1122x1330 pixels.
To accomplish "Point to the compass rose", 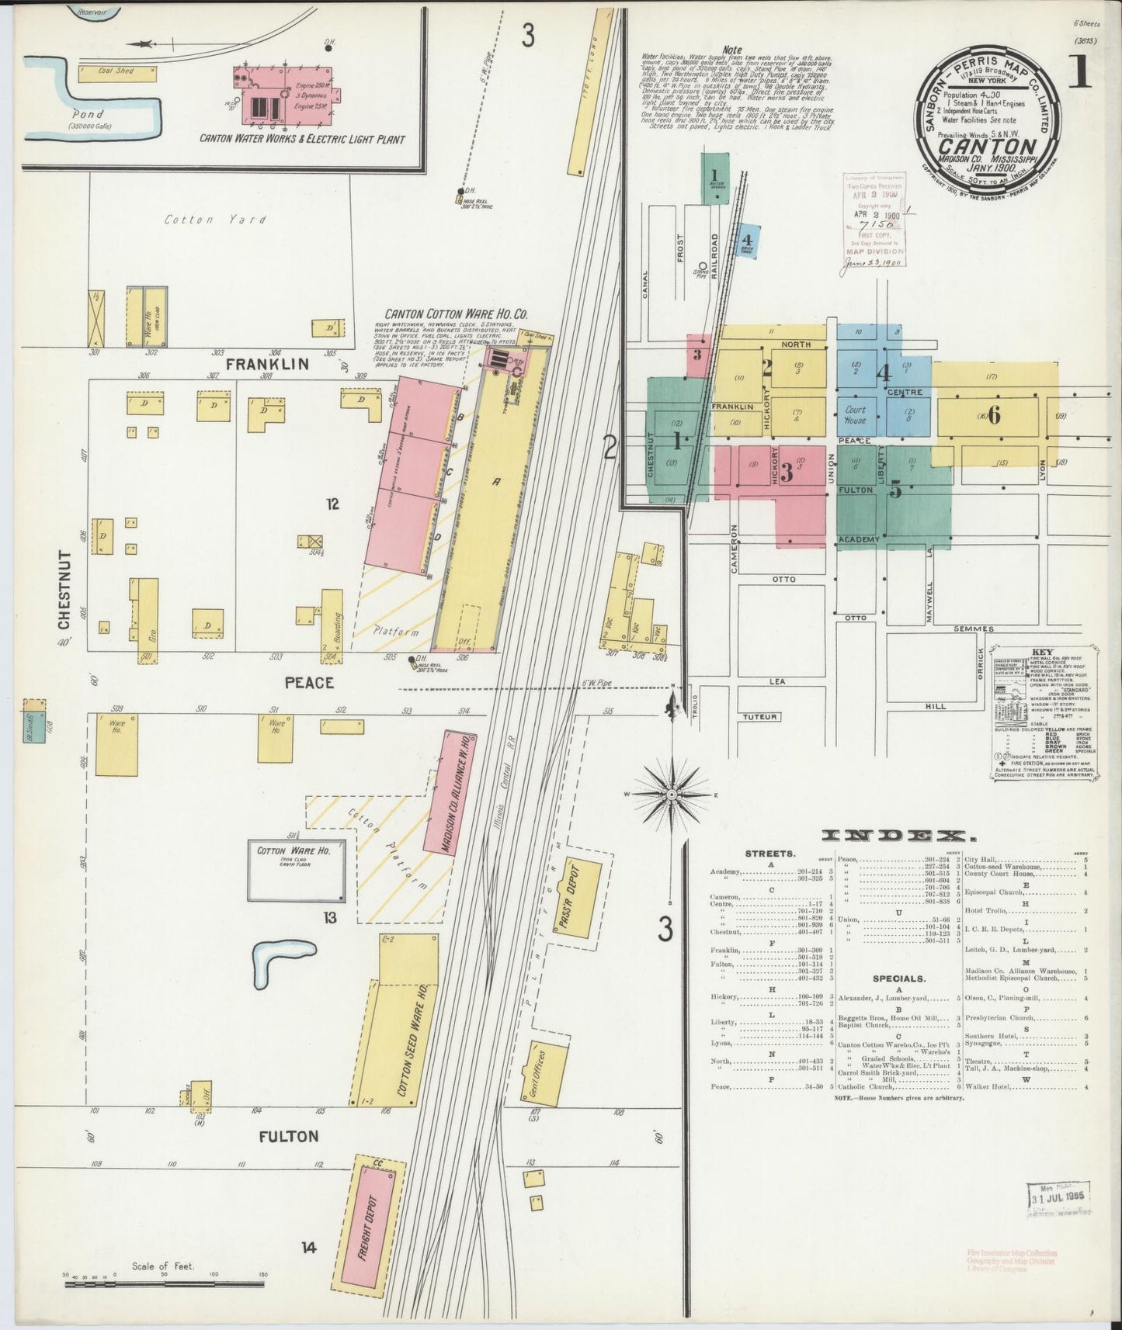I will pyautogui.click(x=672, y=795).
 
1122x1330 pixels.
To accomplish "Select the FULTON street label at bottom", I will pyautogui.click(x=289, y=1136).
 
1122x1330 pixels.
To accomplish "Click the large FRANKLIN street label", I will pyautogui.click(x=267, y=363).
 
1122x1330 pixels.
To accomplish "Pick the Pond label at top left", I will pyautogui.click(x=87, y=113).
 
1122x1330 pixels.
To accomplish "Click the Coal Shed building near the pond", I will pyautogui.click(x=116, y=72).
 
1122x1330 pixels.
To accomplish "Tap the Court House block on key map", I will pyautogui.click(x=856, y=415).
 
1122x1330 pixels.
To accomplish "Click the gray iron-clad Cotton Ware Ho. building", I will pyautogui.click(x=296, y=870).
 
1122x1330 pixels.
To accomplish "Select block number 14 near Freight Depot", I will pyautogui.click(x=309, y=1248).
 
